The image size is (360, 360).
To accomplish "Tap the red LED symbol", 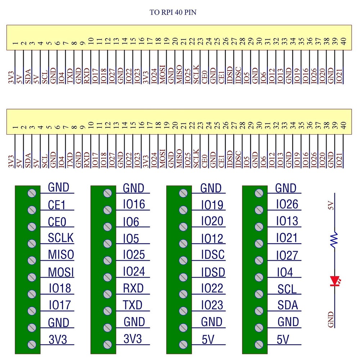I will tap(335, 281).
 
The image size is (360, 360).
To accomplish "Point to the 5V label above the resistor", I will tap(332, 206).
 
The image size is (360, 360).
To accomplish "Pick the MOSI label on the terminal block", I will tap(61, 272).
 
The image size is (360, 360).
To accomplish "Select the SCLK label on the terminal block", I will tap(60, 238).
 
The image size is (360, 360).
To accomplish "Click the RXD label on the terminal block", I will tap(133, 288).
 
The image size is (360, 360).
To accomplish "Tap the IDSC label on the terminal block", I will tap(213, 255).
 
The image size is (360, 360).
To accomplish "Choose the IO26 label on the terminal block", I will tap(287, 204).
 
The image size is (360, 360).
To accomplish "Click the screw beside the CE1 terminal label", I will tap(32, 210).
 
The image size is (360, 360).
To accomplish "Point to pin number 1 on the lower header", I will tap(15, 127).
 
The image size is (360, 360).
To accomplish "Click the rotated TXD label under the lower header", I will tap(70, 159).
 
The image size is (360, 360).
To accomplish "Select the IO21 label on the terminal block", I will tap(287, 238).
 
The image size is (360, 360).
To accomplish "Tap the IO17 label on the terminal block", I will tap(60, 306).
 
